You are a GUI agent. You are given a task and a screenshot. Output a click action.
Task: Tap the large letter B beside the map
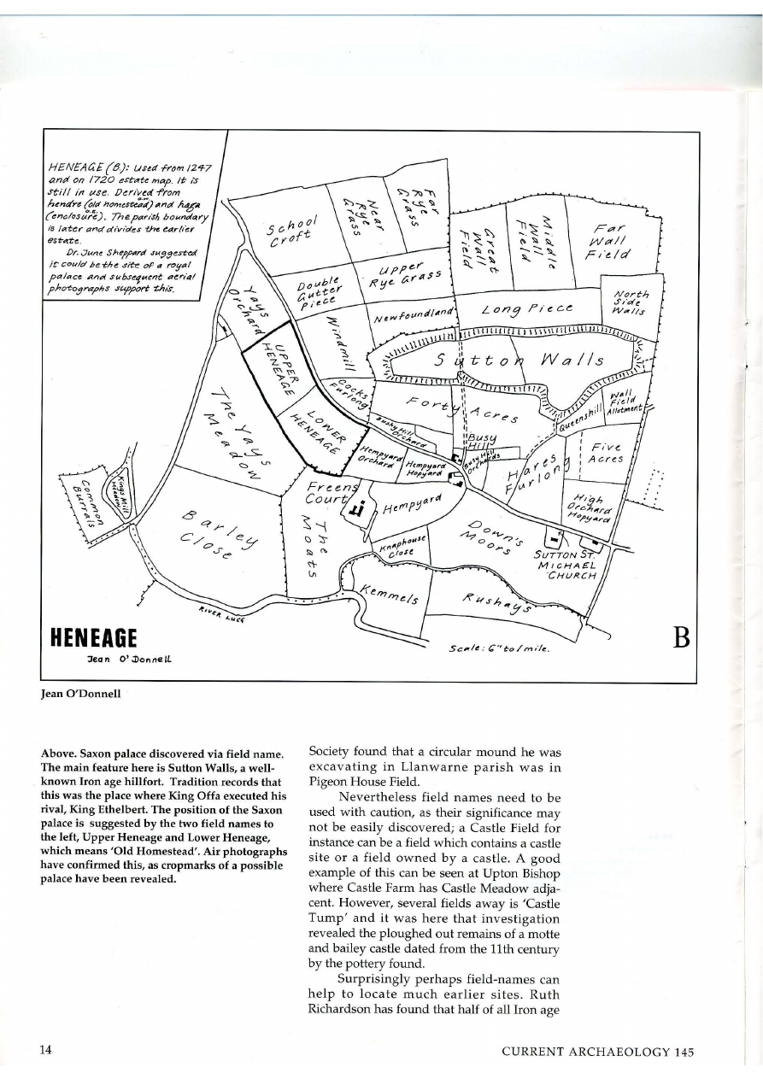pos(680,638)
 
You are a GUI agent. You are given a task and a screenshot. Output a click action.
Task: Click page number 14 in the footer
pos(45,1051)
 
